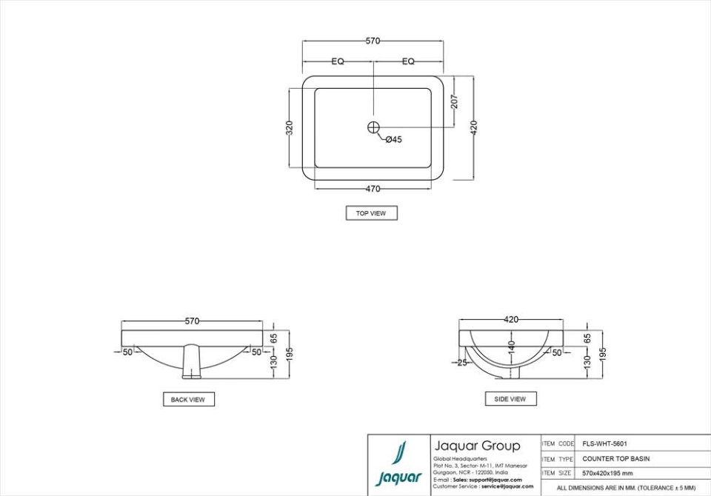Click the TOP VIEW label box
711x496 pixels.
click(371, 213)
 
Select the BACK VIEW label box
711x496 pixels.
click(188, 400)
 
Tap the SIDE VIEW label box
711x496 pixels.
click(510, 399)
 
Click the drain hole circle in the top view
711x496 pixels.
click(373, 127)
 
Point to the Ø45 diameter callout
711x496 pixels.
click(393, 139)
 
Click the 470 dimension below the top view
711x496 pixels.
click(373, 189)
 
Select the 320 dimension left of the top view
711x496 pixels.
click(290, 127)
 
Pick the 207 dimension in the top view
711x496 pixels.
click(455, 101)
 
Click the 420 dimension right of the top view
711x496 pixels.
click(474, 127)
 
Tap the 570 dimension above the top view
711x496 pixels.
click(373, 41)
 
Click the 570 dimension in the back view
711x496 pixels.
click(192, 321)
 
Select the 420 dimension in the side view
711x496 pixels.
click(511, 320)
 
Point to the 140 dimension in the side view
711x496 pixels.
click(511, 346)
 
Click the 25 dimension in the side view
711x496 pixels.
click(462, 363)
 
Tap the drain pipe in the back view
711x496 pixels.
click(192, 360)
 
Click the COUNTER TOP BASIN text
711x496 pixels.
click(615, 459)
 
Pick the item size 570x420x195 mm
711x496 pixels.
click(607, 473)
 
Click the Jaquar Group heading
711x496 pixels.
click(477, 446)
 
